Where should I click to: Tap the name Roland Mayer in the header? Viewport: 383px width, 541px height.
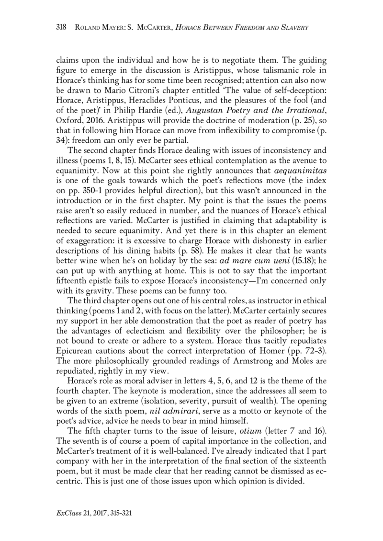101,28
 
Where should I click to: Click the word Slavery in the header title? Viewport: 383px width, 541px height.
291,28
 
